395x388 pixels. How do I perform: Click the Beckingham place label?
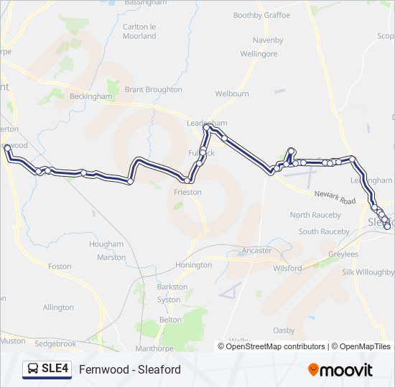(x=90, y=96)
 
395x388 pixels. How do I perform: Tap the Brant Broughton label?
(x=153, y=90)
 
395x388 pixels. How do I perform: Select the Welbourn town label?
(x=232, y=93)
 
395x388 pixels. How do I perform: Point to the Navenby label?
(x=268, y=40)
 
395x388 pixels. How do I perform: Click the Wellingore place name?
(x=259, y=54)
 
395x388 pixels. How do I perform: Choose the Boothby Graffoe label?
(x=261, y=15)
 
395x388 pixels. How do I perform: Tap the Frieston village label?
(x=187, y=193)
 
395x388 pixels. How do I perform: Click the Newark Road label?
(x=335, y=198)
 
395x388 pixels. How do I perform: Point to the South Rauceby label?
(x=324, y=231)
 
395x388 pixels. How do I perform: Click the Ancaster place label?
(x=257, y=251)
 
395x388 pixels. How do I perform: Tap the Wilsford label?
(x=288, y=268)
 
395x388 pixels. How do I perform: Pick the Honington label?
(x=194, y=265)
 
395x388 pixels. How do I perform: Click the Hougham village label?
(x=106, y=244)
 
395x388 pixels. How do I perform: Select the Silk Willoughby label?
(x=368, y=272)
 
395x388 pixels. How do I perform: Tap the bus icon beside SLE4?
(x=33, y=369)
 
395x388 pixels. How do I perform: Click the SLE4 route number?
(x=55, y=369)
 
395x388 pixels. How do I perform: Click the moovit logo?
(x=340, y=369)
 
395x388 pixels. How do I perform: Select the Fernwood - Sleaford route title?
(x=130, y=369)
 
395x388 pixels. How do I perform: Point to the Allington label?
(x=58, y=308)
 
